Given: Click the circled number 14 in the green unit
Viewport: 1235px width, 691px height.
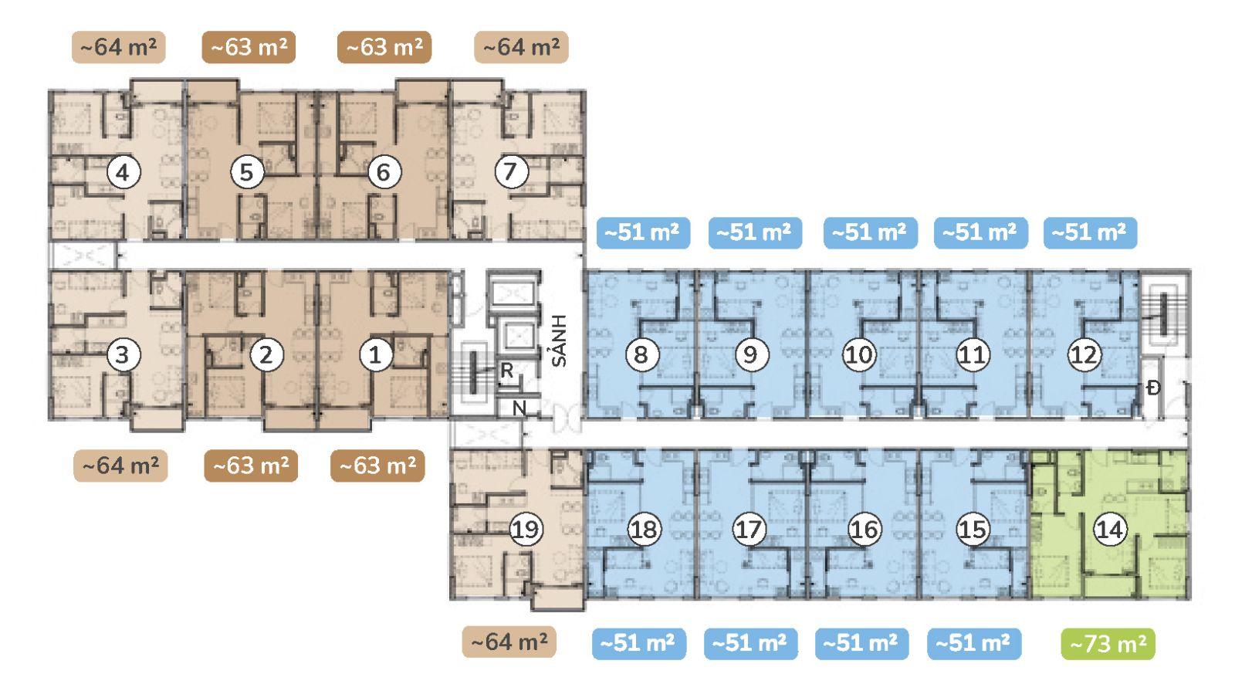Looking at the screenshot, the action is [1109, 530].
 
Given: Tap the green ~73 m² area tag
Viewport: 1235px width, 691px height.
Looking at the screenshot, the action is [1108, 644].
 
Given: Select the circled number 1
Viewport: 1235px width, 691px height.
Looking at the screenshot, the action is [375, 354].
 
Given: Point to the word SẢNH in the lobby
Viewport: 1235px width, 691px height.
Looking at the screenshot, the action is [559, 340].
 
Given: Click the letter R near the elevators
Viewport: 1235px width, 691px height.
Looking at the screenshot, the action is [506, 371].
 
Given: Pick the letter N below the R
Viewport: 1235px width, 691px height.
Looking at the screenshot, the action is [519, 408].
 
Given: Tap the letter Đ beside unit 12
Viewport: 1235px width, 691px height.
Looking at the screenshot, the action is [1153, 388].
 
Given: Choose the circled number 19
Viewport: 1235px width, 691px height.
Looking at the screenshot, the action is [526, 530].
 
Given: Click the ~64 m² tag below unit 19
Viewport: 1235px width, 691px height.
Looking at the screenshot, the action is [509, 642].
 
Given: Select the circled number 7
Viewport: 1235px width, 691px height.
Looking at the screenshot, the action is [510, 171].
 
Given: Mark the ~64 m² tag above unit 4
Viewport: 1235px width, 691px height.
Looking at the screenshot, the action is [119, 47].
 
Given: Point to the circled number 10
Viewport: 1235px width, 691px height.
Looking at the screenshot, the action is [859, 354].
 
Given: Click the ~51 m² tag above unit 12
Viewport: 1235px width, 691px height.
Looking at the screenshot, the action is [1090, 232].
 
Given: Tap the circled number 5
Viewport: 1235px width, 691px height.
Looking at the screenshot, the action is [247, 172].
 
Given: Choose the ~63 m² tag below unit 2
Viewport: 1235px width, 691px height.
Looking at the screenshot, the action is [251, 466].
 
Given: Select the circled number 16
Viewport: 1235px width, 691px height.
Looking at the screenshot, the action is [864, 530].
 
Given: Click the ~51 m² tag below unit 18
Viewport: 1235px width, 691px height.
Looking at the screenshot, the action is [639, 644].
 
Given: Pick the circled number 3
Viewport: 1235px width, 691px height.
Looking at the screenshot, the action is [123, 354].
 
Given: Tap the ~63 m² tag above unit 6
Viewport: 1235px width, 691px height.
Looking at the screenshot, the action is [384, 47].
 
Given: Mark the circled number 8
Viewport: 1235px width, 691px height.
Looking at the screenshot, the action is [641, 354].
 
